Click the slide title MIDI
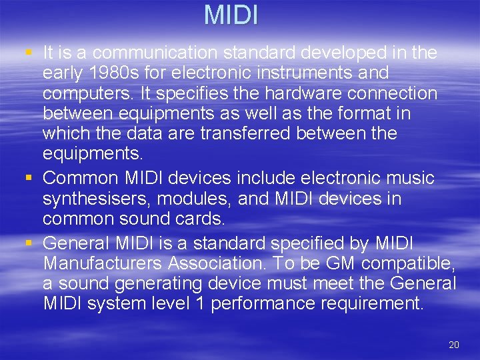click(x=231, y=15)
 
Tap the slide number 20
click(x=454, y=345)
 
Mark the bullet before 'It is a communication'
click(x=27, y=52)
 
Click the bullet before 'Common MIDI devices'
click(x=27, y=179)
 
